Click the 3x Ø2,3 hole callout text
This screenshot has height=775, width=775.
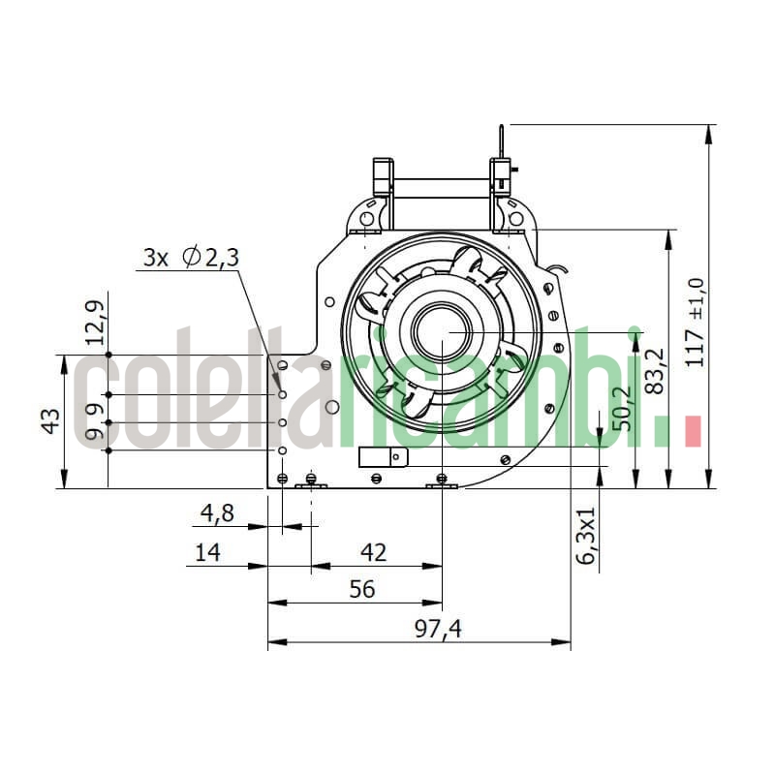pos(191,257)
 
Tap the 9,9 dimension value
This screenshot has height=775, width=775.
pos(94,422)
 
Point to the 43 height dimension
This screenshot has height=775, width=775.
pos(51,421)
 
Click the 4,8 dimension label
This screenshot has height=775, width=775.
pos(218,512)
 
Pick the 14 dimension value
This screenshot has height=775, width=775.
pos(207,552)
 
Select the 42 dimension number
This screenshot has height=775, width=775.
pos(373,552)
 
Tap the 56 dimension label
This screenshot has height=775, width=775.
pos(360,589)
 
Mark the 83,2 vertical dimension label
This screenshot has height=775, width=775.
pos(655,371)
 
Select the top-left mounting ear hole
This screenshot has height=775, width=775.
pos(366,219)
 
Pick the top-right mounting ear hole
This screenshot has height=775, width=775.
pos(515,219)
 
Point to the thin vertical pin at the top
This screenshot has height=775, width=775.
pos(500,141)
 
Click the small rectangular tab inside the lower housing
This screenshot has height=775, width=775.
pos(378,456)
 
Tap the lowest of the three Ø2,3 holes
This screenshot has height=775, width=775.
pos(282,450)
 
